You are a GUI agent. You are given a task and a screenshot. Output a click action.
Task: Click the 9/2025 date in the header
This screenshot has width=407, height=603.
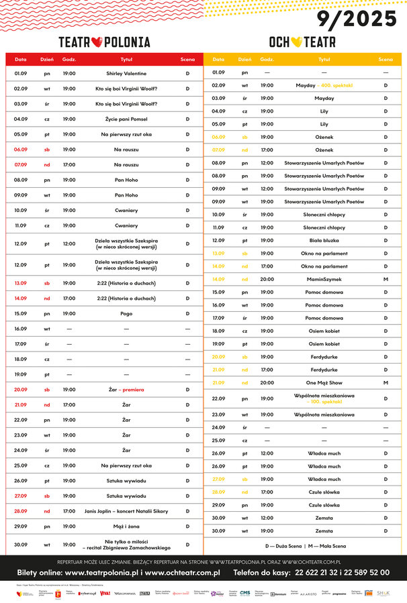pyautogui.click(x=357, y=19)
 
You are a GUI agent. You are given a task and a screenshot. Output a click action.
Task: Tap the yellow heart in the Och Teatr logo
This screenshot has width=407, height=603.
pyautogui.click(x=296, y=42)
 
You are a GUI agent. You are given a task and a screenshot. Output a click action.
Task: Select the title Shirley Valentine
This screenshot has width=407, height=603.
pyautogui.click(x=126, y=73)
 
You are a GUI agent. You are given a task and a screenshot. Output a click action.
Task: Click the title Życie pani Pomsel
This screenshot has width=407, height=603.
pyautogui.click(x=126, y=119)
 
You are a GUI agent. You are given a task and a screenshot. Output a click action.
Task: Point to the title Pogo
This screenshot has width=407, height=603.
pyautogui.click(x=126, y=313)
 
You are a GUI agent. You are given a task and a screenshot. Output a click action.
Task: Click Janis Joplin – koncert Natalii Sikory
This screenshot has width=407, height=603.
pyautogui.click(x=126, y=511)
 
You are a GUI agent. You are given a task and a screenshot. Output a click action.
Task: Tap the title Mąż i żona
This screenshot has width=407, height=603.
pyautogui.click(x=126, y=526)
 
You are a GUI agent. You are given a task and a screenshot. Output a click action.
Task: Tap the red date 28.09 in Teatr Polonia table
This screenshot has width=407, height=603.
pyautogui.click(x=21, y=511)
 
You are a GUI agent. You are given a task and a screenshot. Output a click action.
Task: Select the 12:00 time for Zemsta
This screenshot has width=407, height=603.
pyautogui.click(x=267, y=517)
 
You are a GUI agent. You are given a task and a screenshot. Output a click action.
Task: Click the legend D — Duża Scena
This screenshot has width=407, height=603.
pyautogui.click(x=285, y=545)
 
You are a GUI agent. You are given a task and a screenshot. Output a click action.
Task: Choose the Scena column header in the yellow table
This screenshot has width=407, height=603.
pyautogui.click(x=386, y=60)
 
